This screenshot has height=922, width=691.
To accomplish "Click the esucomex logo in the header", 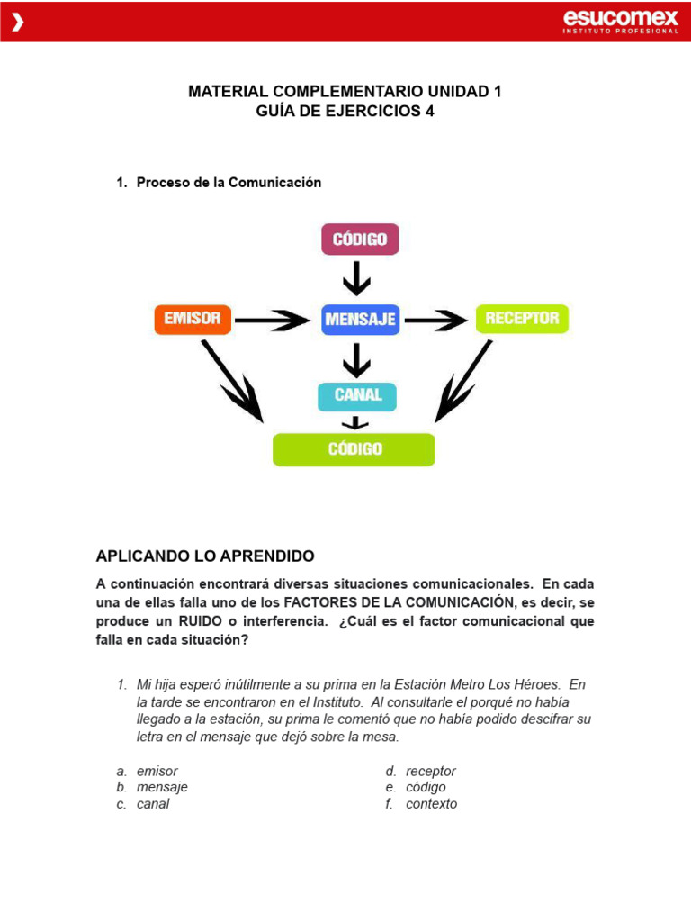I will click(620, 21).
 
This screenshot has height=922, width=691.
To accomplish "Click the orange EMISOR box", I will click(193, 319).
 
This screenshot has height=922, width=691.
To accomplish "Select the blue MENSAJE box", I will click(360, 320).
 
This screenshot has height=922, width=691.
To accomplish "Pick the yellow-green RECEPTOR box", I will click(522, 319).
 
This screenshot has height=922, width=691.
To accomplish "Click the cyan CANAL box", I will click(357, 395).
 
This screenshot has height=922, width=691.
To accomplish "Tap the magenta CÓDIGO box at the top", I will click(360, 240).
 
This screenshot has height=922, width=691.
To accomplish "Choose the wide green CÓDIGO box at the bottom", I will click(354, 449).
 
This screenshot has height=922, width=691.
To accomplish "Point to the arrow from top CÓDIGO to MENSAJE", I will click(357, 277).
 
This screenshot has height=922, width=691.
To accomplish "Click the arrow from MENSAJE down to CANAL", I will click(357, 360).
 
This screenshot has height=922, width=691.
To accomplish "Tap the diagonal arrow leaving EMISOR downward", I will click(232, 381).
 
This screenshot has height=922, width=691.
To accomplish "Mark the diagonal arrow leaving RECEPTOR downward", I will click(463, 381).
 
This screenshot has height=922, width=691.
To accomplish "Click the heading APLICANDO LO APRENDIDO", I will click(205, 556).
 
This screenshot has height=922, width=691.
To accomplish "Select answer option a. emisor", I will click(157, 771).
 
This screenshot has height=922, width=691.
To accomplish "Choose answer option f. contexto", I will click(430, 803).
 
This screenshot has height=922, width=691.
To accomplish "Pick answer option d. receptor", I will click(430, 771).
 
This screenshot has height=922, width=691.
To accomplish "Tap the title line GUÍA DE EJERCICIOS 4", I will click(345, 112).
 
